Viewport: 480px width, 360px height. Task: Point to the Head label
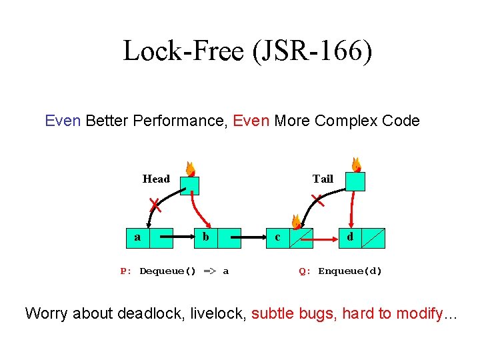point(156,179)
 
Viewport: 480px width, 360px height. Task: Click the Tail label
point(323,179)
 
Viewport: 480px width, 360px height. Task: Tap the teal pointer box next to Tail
point(356,181)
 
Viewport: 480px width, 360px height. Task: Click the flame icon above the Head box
point(190,169)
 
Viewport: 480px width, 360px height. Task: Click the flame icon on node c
point(295,222)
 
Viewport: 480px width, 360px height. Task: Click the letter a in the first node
point(137,237)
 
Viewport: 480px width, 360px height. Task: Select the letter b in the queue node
point(206,237)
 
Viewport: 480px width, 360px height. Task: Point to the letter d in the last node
point(350,237)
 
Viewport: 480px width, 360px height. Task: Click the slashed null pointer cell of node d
point(373,237)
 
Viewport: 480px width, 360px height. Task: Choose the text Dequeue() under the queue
point(167,271)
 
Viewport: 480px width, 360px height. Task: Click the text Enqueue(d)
point(350,271)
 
